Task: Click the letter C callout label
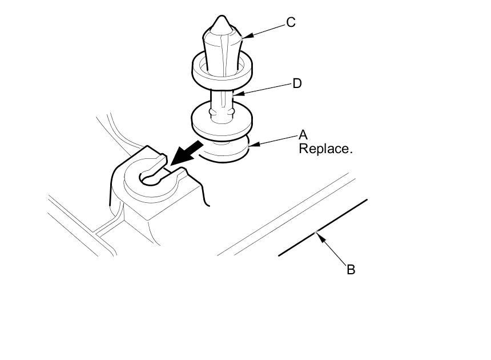coord(291,23)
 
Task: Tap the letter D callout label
coord(297,84)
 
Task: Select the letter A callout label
coord(303,135)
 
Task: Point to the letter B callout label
coord(351,269)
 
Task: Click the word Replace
coord(325,149)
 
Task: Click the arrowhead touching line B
coord(318,235)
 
